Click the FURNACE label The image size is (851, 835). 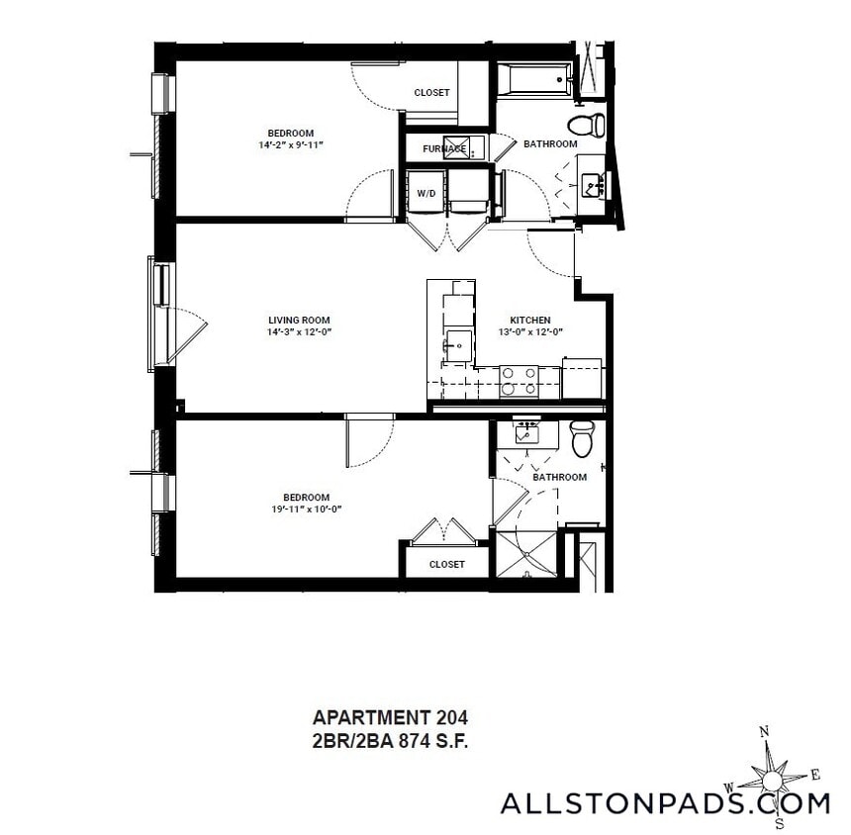[444, 148]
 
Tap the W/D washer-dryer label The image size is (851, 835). [426, 193]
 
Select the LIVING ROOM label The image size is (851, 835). [299, 320]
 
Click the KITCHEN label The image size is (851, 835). [530, 320]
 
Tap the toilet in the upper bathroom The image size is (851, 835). [587, 125]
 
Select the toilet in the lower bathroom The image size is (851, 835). [582, 438]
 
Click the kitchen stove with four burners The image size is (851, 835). [519, 381]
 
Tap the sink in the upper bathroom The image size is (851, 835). [592, 184]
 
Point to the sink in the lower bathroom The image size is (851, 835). [525, 431]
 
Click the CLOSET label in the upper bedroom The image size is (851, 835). [431, 93]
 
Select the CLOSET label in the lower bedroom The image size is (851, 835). [447, 564]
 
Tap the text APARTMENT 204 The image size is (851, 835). [389, 717]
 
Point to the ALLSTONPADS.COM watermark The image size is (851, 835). [664, 803]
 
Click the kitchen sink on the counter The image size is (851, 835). [458, 345]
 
